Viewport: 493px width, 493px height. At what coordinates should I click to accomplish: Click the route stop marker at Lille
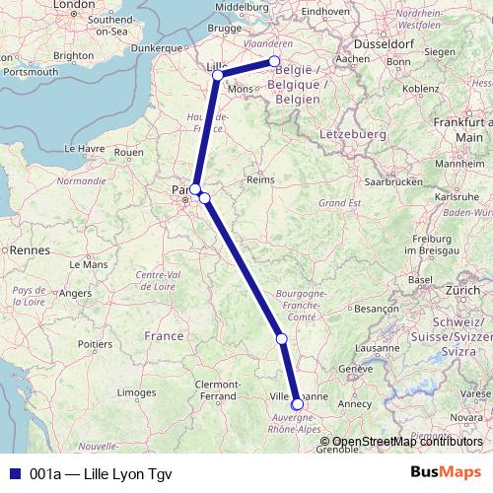(x=217, y=74)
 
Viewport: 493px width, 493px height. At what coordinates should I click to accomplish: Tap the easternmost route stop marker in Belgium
(x=275, y=62)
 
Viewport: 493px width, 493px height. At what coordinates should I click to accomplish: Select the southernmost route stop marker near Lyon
(x=297, y=403)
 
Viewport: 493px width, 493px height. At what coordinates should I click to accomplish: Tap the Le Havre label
(x=84, y=148)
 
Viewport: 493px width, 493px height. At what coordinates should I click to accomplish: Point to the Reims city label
(x=259, y=180)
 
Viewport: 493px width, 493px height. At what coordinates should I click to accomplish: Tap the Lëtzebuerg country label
(x=347, y=131)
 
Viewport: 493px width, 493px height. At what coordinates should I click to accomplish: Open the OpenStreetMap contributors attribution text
(x=407, y=442)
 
